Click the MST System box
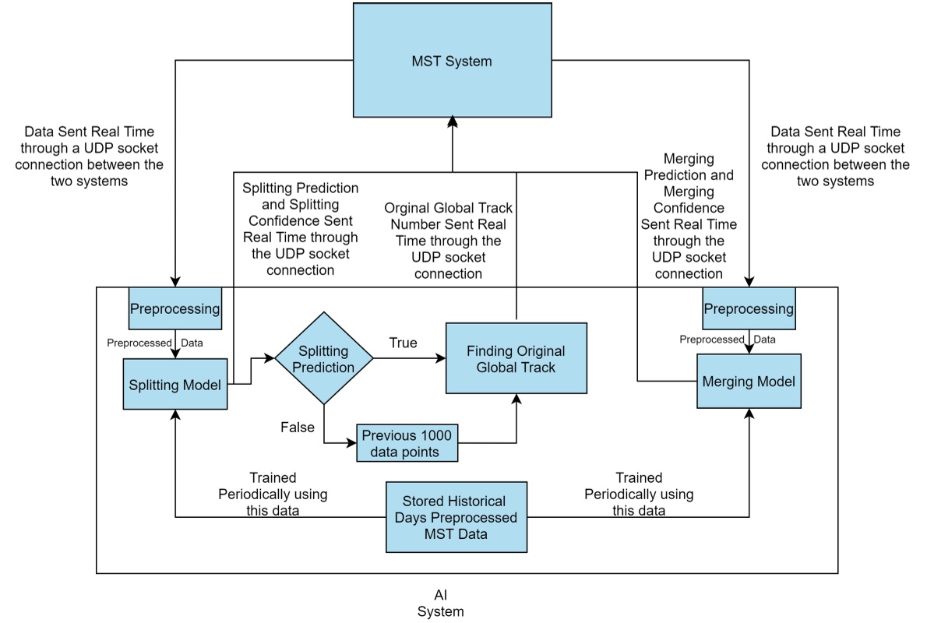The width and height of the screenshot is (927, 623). point(452,60)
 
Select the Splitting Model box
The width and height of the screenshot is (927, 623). point(174,384)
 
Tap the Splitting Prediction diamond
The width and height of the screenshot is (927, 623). point(323,358)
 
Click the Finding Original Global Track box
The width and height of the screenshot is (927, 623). point(516,358)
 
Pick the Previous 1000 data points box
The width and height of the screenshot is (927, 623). point(407,443)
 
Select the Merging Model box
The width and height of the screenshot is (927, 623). point(748,382)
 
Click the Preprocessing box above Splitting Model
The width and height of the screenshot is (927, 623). point(174,308)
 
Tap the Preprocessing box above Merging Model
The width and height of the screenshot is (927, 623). point(748,308)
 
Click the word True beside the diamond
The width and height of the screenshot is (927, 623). point(404,343)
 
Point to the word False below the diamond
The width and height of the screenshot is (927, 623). point(298,428)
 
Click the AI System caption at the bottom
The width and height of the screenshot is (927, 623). point(440,604)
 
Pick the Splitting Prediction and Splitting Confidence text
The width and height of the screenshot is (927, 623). point(300,229)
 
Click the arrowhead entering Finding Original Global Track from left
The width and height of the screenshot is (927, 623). point(441,358)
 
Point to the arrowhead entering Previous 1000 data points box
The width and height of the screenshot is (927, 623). point(351,443)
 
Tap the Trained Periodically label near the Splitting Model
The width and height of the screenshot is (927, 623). point(273,494)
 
